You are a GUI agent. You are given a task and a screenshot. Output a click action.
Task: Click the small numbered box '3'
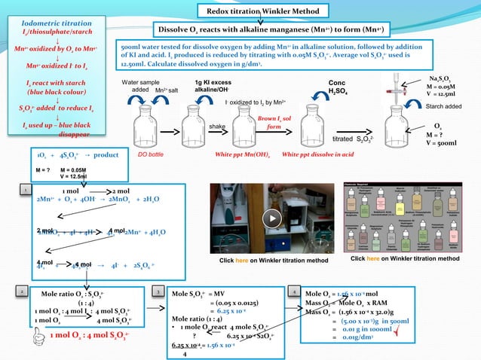155,289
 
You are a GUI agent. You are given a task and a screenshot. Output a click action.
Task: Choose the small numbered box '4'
294,289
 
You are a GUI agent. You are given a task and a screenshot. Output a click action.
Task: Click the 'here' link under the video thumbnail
243,261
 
